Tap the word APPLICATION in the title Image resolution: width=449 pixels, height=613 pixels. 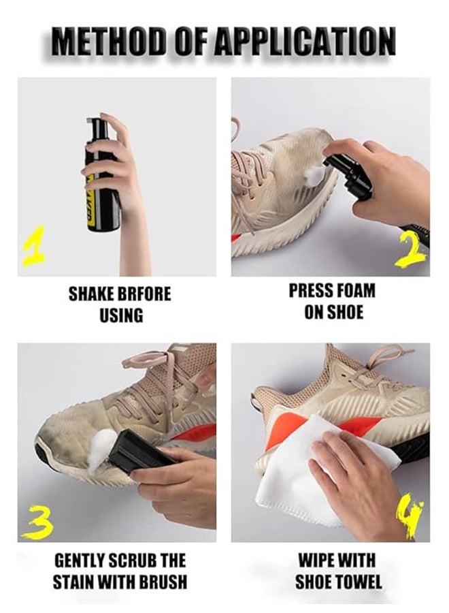click(x=305, y=41)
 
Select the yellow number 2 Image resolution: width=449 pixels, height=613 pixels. click(x=411, y=254)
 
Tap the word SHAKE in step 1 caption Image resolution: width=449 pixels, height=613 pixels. click(x=91, y=294)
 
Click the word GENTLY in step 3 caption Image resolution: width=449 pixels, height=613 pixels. click(x=78, y=561)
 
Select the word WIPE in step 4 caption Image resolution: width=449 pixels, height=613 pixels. click(x=316, y=561)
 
